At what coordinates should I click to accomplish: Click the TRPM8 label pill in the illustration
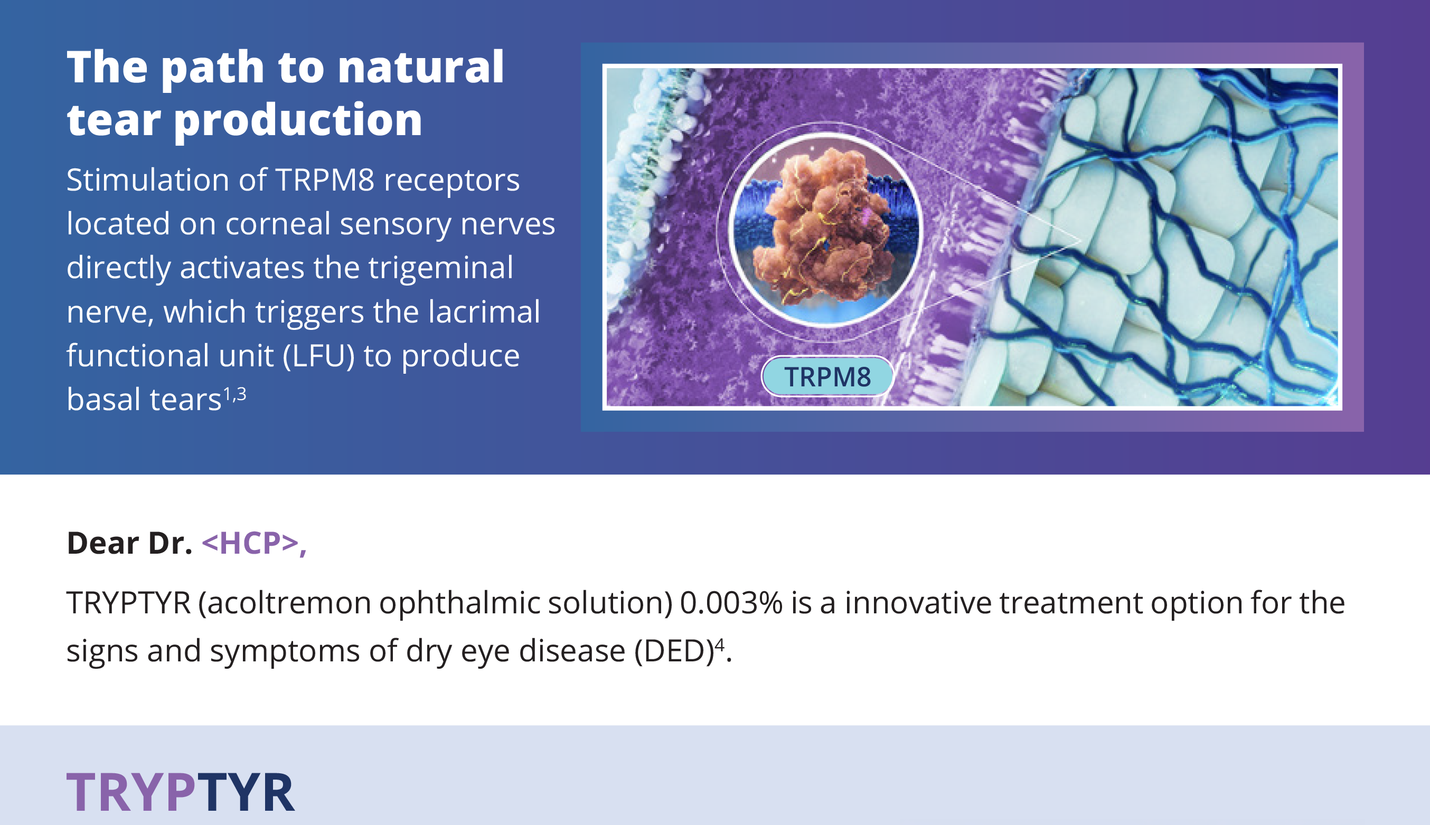[827, 376]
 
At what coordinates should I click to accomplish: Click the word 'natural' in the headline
[420, 67]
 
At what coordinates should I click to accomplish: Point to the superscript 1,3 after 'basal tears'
[234, 394]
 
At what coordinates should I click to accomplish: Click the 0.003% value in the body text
[731, 602]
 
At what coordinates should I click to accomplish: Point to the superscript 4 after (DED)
[719, 645]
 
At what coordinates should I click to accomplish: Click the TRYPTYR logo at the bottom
[181, 792]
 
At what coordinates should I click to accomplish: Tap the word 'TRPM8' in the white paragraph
[325, 180]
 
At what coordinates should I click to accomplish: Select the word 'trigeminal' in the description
[441, 268]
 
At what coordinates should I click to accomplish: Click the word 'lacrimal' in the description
[484, 311]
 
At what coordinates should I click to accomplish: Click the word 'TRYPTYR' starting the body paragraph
[129, 602]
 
